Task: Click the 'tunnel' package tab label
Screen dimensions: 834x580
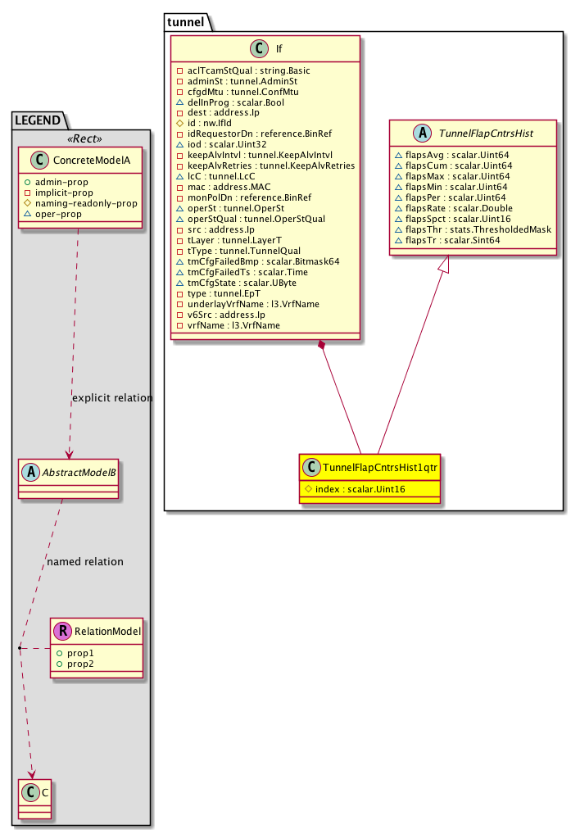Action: (186, 21)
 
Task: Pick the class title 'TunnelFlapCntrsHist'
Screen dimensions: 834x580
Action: (483, 134)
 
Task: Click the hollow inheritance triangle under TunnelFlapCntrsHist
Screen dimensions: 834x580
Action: (442, 263)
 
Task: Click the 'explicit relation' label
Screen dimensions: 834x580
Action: (112, 398)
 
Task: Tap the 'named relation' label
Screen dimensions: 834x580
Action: (85, 562)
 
